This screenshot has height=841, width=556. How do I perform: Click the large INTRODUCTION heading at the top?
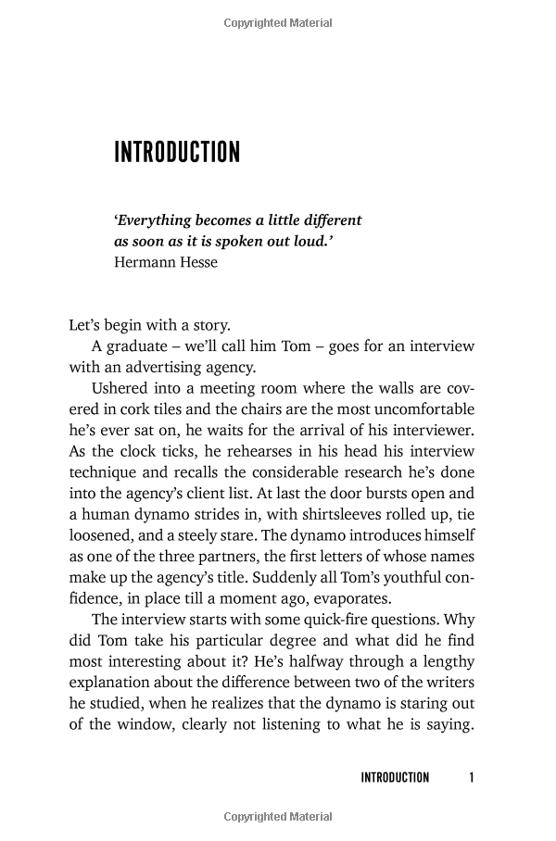click(x=177, y=152)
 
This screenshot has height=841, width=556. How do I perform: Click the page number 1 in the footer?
click(x=472, y=777)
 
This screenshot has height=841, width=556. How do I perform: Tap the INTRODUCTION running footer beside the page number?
click(x=395, y=777)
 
